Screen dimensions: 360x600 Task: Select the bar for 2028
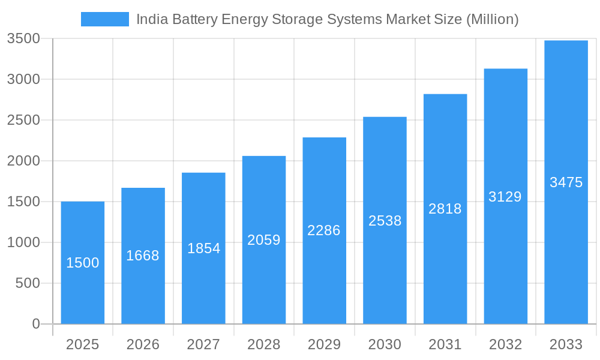click(x=264, y=240)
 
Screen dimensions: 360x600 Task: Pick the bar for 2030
click(x=385, y=220)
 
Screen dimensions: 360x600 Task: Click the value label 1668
click(x=143, y=256)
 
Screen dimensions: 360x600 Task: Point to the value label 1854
click(x=203, y=248)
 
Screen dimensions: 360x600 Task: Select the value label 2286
click(x=324, y=230)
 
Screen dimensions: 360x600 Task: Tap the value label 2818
click(x=445, y=209)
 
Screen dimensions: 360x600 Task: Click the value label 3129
click(x=505, y=197)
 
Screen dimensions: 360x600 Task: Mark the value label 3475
click(x=566, y=182)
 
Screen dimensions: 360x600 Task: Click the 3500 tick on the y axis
click(x=23, y=39)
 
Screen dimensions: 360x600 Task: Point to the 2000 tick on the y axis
click(x=23, y=161)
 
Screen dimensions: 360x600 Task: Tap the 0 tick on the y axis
click(x=35, y=324)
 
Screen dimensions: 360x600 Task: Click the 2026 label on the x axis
click(x=143, y=344)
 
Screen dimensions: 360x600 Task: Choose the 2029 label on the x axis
click(x=324, y=344)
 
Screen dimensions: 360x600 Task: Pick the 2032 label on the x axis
click(x=505, y=344)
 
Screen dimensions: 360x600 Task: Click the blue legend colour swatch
click(x=105, y=19)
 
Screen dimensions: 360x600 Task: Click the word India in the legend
click(x=151, y=19)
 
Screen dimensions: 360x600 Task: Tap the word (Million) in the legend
click(x=492, y=19)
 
